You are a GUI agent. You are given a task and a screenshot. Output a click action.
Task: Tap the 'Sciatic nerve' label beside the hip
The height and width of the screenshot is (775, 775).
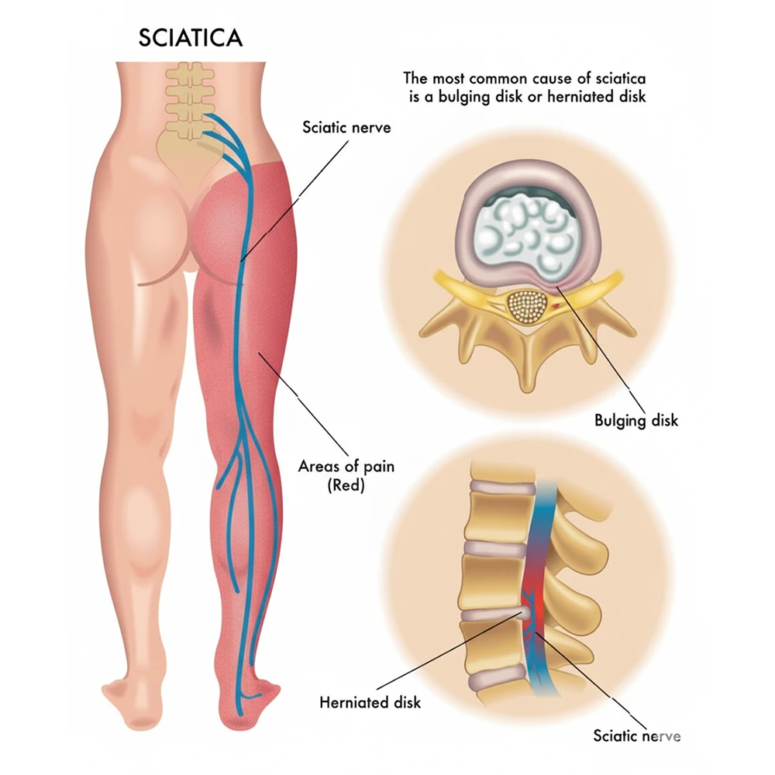pyautogui.click(x=346, y=127)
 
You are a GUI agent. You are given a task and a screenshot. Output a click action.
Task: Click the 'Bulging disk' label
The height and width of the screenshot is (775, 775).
pyautogui.click(x=636, y=421)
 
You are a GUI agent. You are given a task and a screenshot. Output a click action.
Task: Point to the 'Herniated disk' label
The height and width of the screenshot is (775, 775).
pyautogui.click(x=370, y=703)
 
